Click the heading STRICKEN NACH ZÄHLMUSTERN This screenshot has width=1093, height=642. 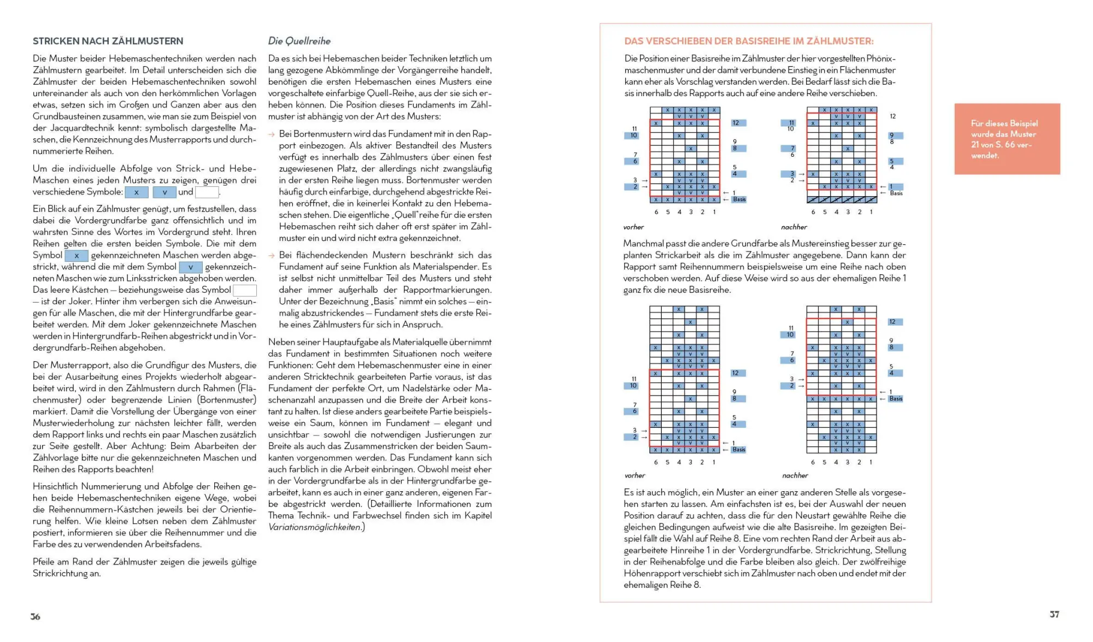click(x=108, y=41)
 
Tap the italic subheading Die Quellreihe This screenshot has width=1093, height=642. click(x=299, y=41)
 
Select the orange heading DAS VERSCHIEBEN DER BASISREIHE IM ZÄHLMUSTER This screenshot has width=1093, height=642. click(x=749, y=41)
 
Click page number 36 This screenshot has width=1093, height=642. click(x=36, y=616)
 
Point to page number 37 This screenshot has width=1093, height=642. click(x=1054, y=614)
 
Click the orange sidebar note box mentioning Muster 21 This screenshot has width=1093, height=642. click(x=1007, y=139)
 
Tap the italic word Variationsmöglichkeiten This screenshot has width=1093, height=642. click(x=315, y=527)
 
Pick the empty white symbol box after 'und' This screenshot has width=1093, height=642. click(x=207, y=192)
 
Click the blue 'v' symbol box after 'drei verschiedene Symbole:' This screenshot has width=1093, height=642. click(x=164, y=192)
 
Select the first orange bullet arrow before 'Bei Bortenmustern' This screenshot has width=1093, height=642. click(x=272, y=134)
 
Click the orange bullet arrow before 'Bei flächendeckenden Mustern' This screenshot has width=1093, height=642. click(x=272, y=256)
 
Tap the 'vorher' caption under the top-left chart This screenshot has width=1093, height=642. click(x=633, y=227)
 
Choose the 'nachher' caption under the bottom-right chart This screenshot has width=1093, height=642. click(x=795, y=475)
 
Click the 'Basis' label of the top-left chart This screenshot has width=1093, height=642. click(x=739, y=199)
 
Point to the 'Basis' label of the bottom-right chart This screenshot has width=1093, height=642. click(x=896, y=399)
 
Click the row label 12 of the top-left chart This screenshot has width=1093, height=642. click(x=736, y=123)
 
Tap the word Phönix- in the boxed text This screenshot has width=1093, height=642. click(x=881, y=58)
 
